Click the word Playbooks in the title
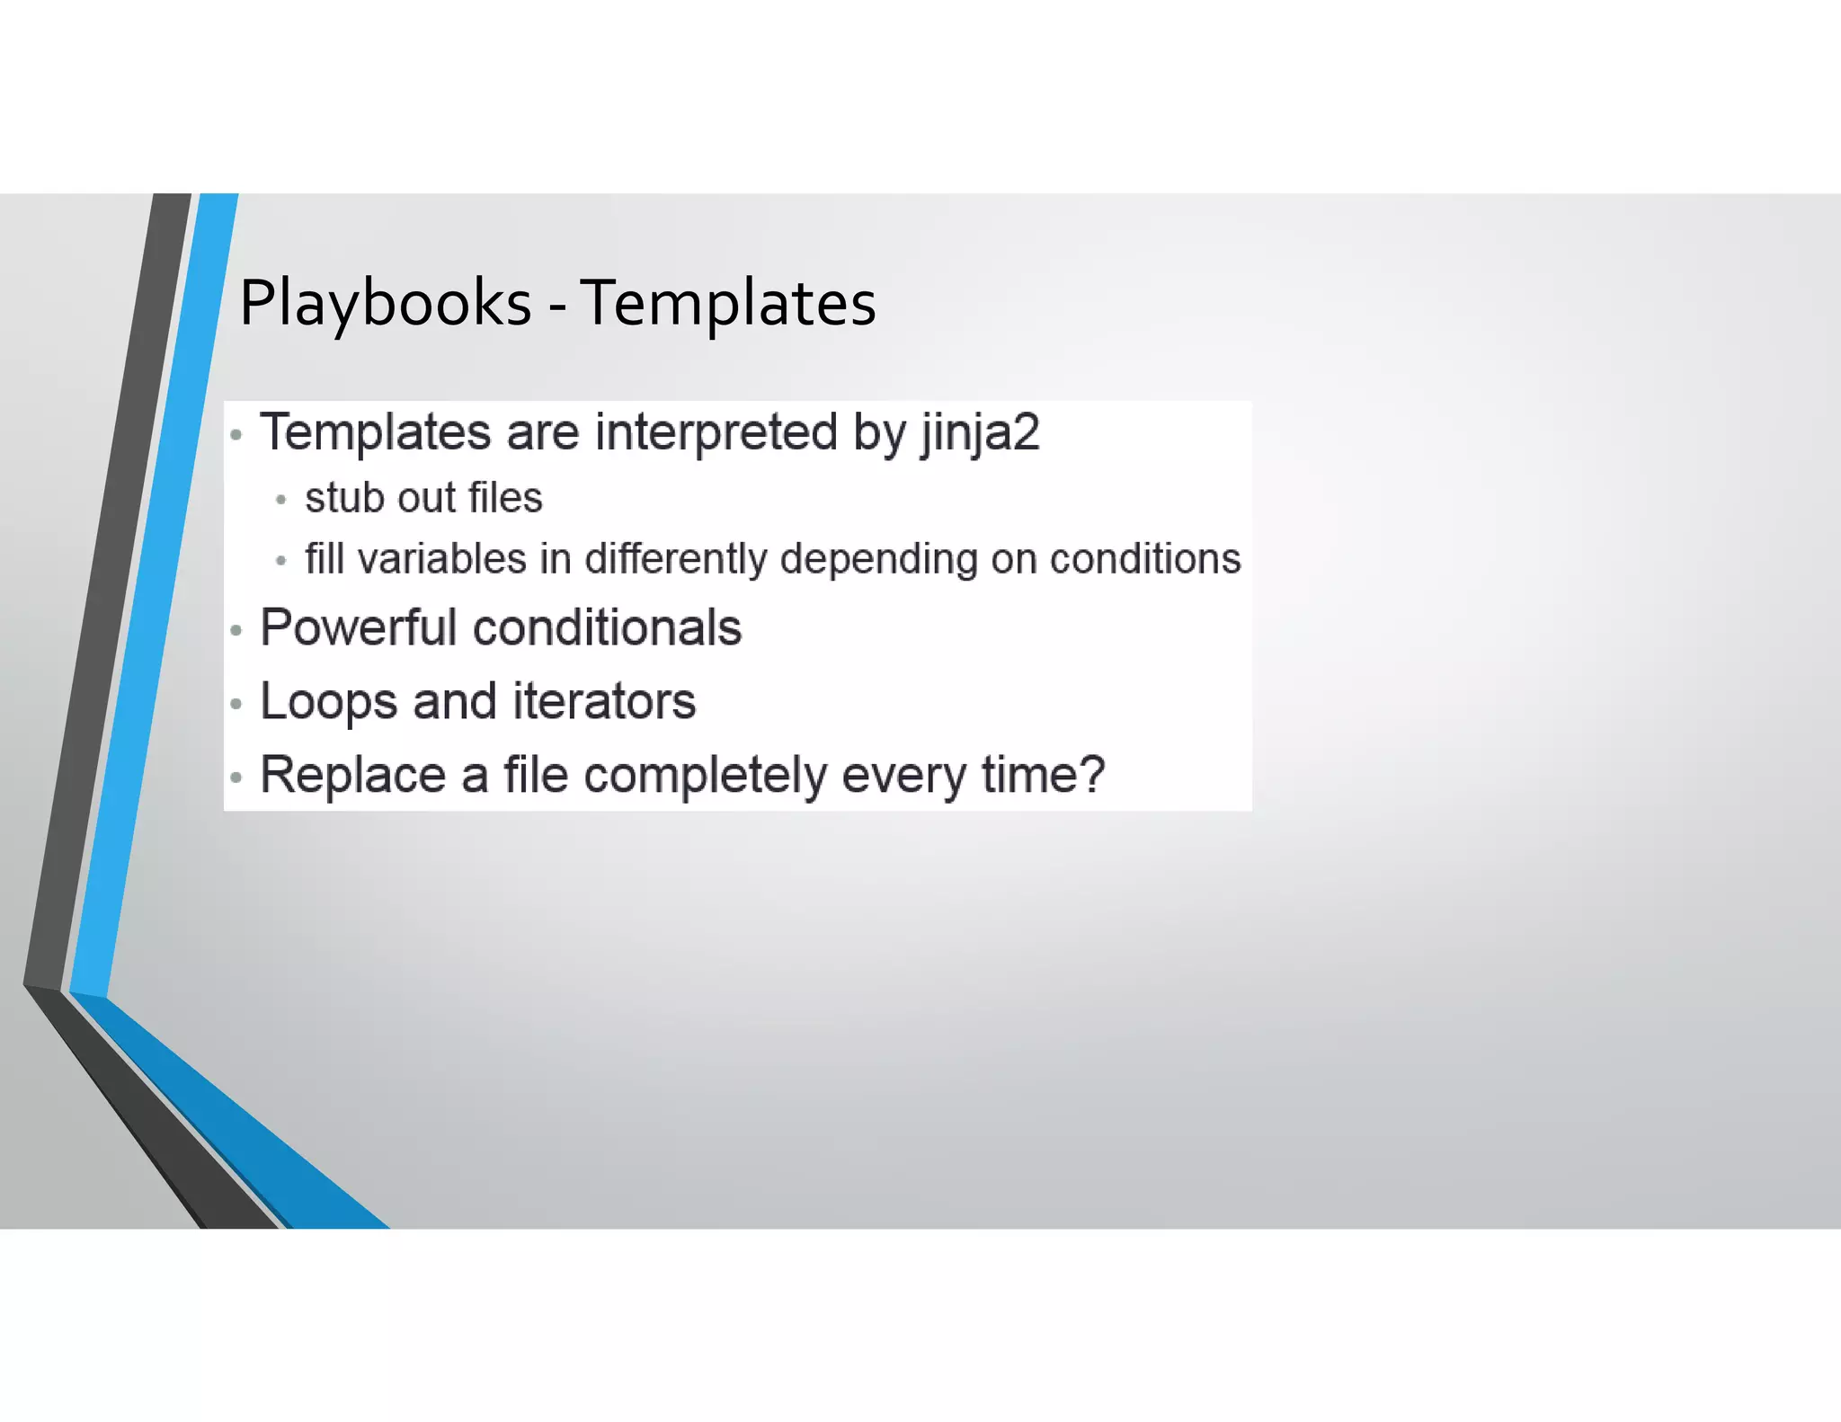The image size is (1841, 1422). [x=385, y=304]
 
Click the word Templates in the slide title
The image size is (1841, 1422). [x=728, y=304]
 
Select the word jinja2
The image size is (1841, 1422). [x=980, y=433]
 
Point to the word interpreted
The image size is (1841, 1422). [x=716, y=433]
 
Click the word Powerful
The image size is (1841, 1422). [x=359, y=627]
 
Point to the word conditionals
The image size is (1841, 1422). [x=608, y=627]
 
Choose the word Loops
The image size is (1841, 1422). [x=328, y=702]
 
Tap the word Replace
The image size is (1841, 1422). [x=352, y=775]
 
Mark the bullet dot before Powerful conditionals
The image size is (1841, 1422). [x=236, y=630]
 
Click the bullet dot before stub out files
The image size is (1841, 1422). [x=281, y=500]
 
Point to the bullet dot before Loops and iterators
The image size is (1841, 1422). [x=236, y=704]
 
